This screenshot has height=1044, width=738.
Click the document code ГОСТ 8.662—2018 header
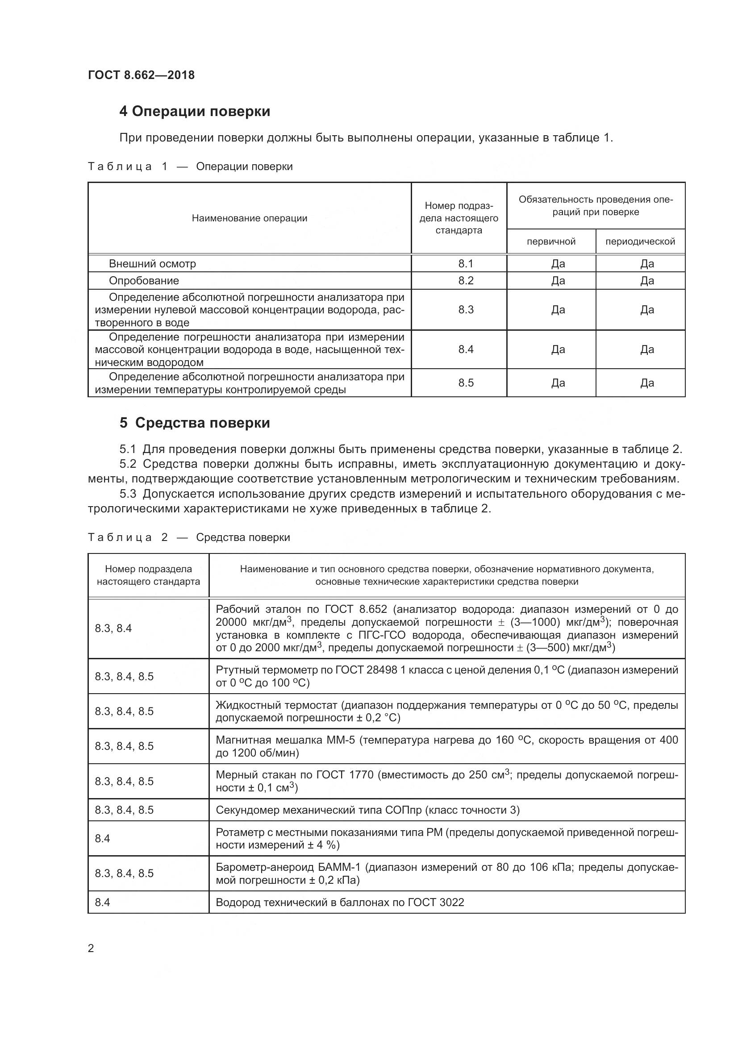[x=141, y=75]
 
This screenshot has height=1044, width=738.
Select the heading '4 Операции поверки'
[x=195, y=112]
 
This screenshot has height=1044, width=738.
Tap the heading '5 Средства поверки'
[x=195, y=423]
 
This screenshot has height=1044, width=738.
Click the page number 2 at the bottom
[x=91, y=948]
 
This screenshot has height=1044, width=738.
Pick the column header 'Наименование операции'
[x=249, y=218]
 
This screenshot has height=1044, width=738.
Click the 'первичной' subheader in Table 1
[x=551, y=241]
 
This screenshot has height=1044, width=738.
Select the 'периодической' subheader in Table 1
[x=640, y=241]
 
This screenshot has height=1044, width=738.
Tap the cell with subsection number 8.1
[x=466, y=264]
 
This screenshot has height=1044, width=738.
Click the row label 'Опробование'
[x=144, y=281]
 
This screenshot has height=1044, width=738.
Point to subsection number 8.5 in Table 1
[x=466, y=383]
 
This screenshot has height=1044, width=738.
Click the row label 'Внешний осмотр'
[x=152, y=264]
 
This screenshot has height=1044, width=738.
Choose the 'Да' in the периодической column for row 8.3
[x=646, y=310]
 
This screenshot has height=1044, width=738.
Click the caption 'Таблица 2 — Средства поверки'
[x=189, y=537]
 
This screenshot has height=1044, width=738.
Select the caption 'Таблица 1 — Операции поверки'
[x=190, y=166]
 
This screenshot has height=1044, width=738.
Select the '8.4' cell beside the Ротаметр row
[x=103, y=839]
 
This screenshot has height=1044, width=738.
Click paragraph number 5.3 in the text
[x=128, y=494]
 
